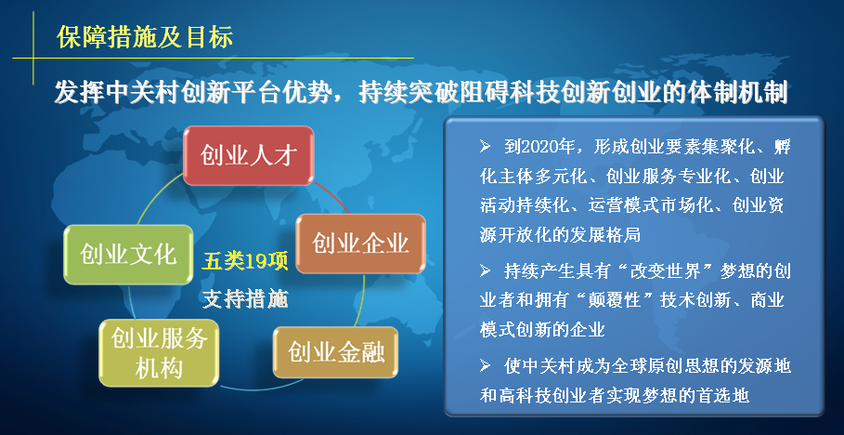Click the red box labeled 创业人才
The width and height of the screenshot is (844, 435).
click(x=248, y=156)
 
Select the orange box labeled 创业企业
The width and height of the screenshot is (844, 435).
click(x=360, y=244)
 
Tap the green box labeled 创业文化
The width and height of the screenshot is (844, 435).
click(x=128, y=255)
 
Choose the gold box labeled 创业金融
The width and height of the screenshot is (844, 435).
click(x=335, y=352)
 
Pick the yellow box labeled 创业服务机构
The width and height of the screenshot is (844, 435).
click(x=159, y=353)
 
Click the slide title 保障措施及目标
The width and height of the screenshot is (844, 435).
click(x=145, y=38)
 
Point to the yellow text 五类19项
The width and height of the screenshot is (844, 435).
click(x=245, y=262)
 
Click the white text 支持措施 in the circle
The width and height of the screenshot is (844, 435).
click(x=245, y=298)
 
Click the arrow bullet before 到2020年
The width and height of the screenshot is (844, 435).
click(x=486, y=147)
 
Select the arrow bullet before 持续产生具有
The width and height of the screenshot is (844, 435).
click(x=486, y=270)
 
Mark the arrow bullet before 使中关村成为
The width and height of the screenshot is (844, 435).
click(x=486, y=366)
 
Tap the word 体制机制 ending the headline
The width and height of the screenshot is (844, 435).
click(x=740, y=94)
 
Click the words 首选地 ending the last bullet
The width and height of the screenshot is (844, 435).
click(x=727, y=396)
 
